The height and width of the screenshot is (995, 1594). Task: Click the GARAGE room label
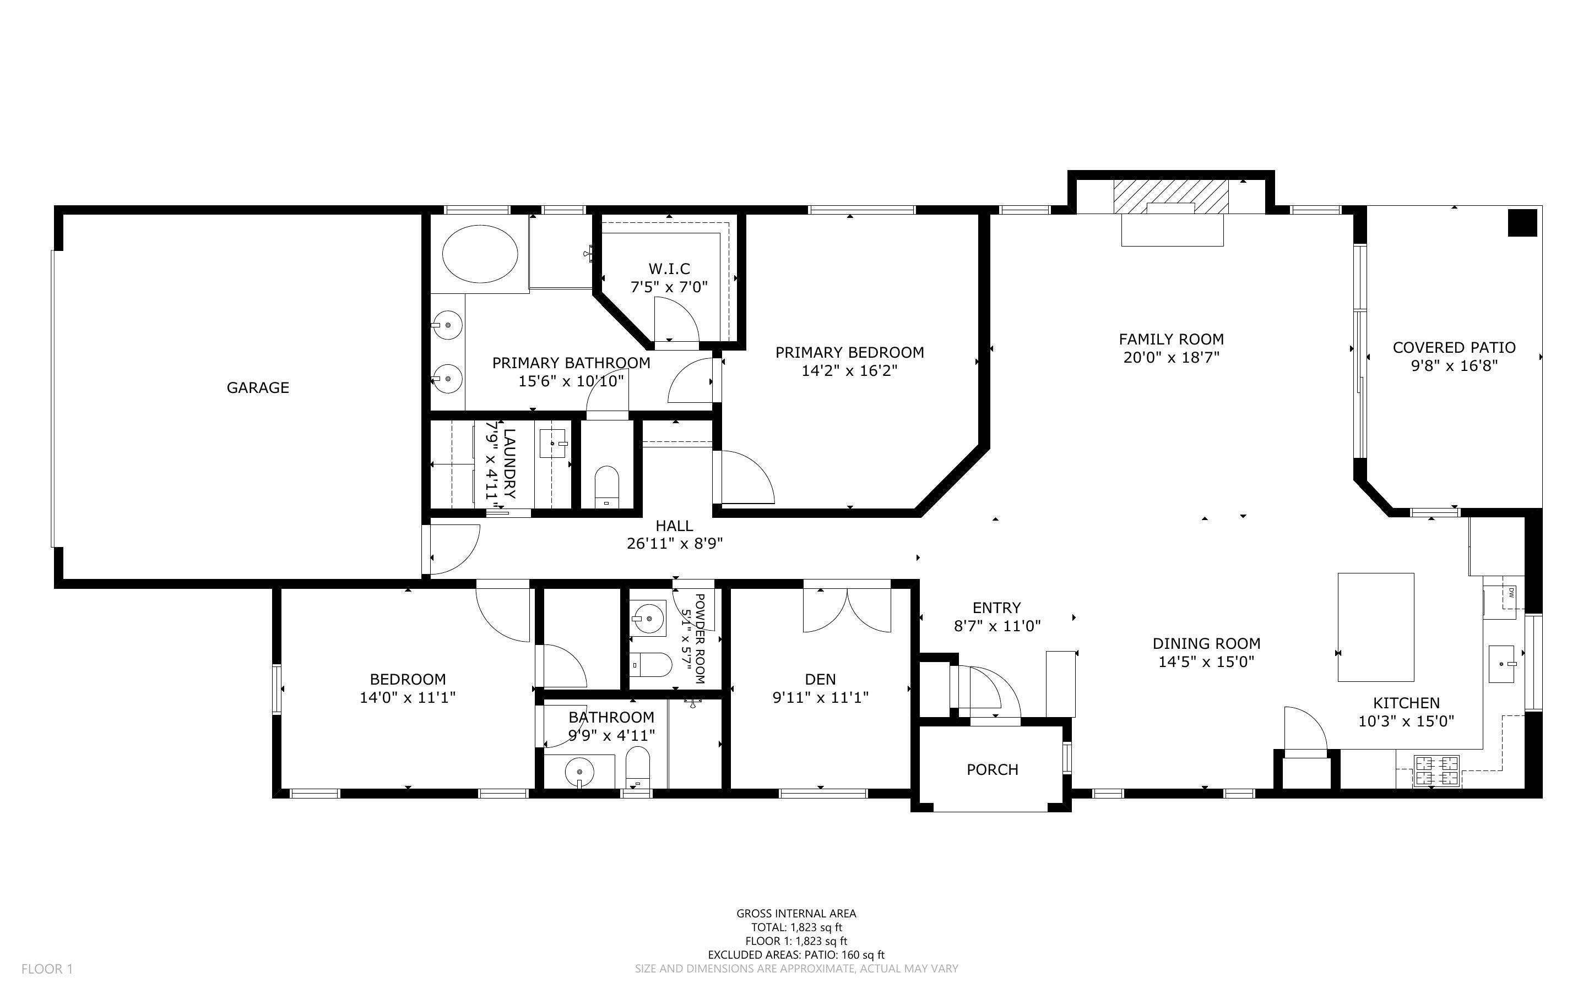[x=257, y=387]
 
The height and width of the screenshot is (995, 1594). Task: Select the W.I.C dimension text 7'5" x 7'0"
[x=669, y=287]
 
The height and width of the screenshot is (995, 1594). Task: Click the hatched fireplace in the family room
[x=1170, y=197]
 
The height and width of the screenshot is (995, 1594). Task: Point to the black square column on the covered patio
[x=1522, y=222]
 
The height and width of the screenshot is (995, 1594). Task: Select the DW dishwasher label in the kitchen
[x=1511, y=593]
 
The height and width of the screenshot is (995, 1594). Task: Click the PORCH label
[x=992, y=769]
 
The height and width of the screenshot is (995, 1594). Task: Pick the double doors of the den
[x=847, y=609]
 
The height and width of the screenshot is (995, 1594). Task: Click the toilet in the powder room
[x=652, y=664]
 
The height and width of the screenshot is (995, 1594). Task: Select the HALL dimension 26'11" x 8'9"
[x=675, y=544]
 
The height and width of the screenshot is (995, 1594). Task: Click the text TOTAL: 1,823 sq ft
[x=796, y=927]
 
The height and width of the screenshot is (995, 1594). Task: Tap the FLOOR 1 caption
[x=47, y=969]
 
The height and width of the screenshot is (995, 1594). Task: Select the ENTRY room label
[x=996, y=608]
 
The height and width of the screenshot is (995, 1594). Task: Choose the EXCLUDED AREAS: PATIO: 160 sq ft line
[x=796, y=955]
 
